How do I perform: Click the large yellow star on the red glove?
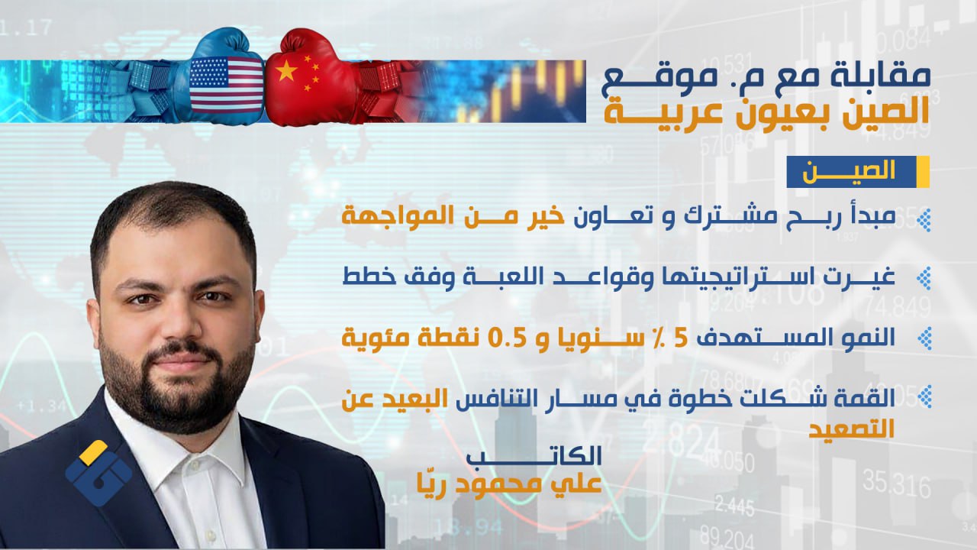[286, 71]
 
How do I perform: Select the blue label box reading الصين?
[857, 172]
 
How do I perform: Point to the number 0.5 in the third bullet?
[507, 338]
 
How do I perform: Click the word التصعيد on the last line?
[851, 429]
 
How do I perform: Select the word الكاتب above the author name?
[534, 456]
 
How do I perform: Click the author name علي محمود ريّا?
[509, 483]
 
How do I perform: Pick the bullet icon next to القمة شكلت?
[924, 396]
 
